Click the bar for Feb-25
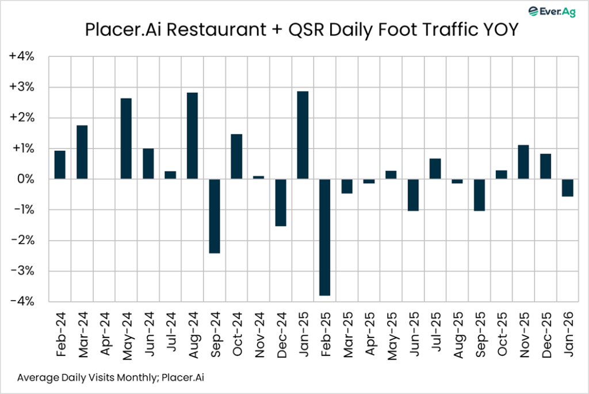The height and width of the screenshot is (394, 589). pyautogui.click(x=325, y=237)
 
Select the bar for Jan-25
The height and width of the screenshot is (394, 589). pyautogui.click(x=303, y=135)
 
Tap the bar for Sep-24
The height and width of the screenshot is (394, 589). pyautogui.click(x=215, y=216)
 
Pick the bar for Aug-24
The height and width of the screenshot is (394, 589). pyautogui.click(x=193, y=136)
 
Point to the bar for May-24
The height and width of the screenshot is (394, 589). pyautogui.click(x=126, y=139)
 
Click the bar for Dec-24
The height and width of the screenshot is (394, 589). pyautogui.click(x=281, y=202)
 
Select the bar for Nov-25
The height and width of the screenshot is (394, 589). pyautogui.click(x=523, y=162)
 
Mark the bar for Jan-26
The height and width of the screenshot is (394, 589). pyautogui.click(x=568, y=188)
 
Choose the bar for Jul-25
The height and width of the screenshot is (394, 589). pyautogui.click(x=435, y=168)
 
